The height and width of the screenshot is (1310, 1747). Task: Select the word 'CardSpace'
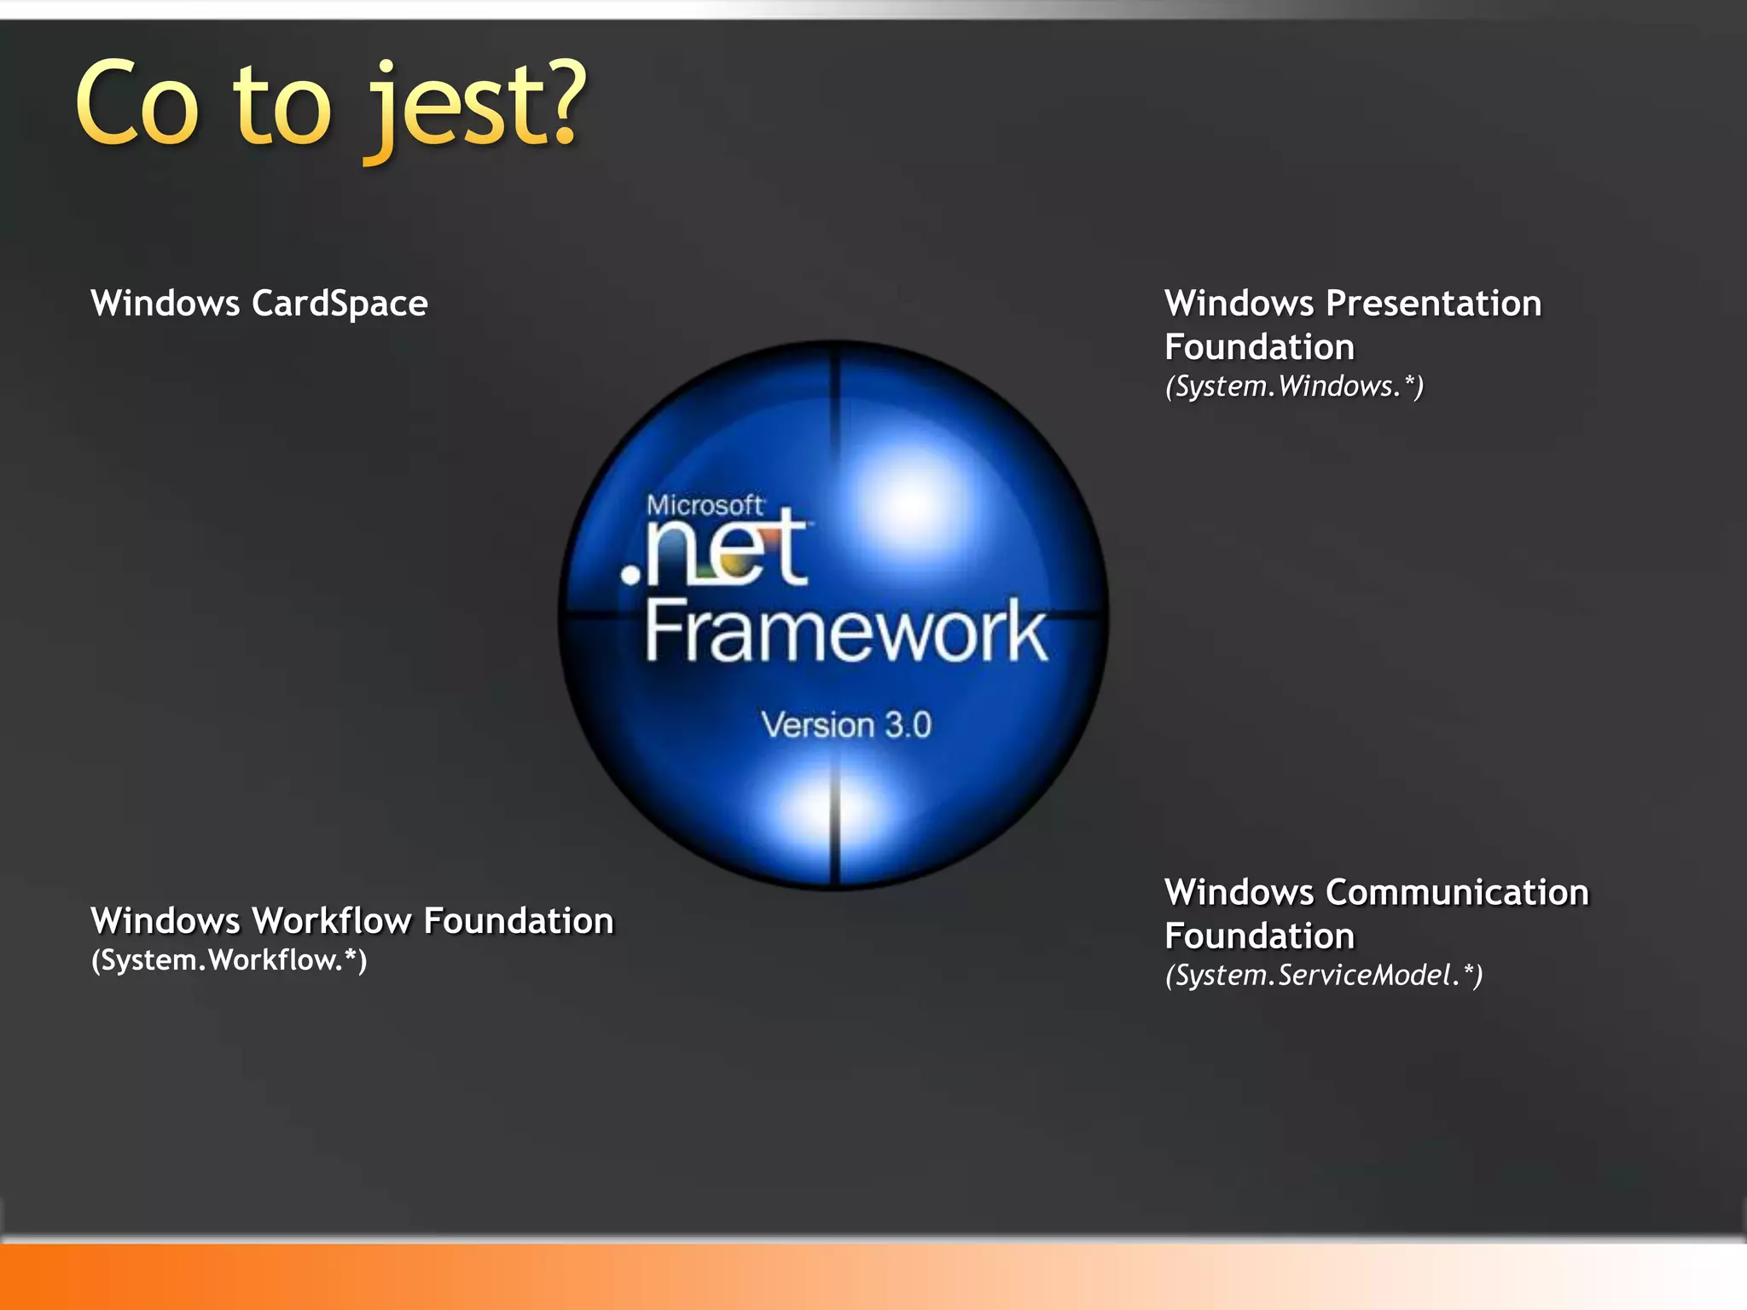pyautogui.click(x=340, y=304)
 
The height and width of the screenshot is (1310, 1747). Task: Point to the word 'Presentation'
pyautogui.click(x=1433, y=304)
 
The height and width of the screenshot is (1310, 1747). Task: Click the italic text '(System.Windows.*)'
pyautogui.click(x=1294, y=386)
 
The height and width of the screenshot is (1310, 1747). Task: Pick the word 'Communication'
pyautogui.click(x=1457, y=893)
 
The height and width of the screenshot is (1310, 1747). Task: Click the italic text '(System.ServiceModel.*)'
pyautogui.click(x=1324, y=975)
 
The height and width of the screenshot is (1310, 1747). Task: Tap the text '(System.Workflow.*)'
pyautogui.click(x=229, y=960)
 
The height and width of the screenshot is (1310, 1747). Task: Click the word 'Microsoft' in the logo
pyautogui.click(x=705, y=506)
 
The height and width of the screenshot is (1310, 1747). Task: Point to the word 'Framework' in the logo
pyautogui.click(x=845, y=631)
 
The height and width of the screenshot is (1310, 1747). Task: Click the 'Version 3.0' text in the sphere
pyautogui.click(x=846, y=725)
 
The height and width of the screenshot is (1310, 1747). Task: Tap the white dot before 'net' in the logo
pyautogui.click(x=631, y=574)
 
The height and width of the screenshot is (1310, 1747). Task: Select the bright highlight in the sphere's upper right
pyautogui.click(x=908, y=503)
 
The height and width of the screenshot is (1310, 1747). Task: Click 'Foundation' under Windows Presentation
pyautogui.click(x=1259, y=347)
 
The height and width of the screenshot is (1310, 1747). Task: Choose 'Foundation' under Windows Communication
pyautogui.click(x=1259, y=936)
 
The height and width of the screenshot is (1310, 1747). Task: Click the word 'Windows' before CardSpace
pyautogui.click(x=165, y=304)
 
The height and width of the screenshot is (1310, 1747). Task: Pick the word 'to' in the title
pyautogui.click(x=281, y=107)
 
